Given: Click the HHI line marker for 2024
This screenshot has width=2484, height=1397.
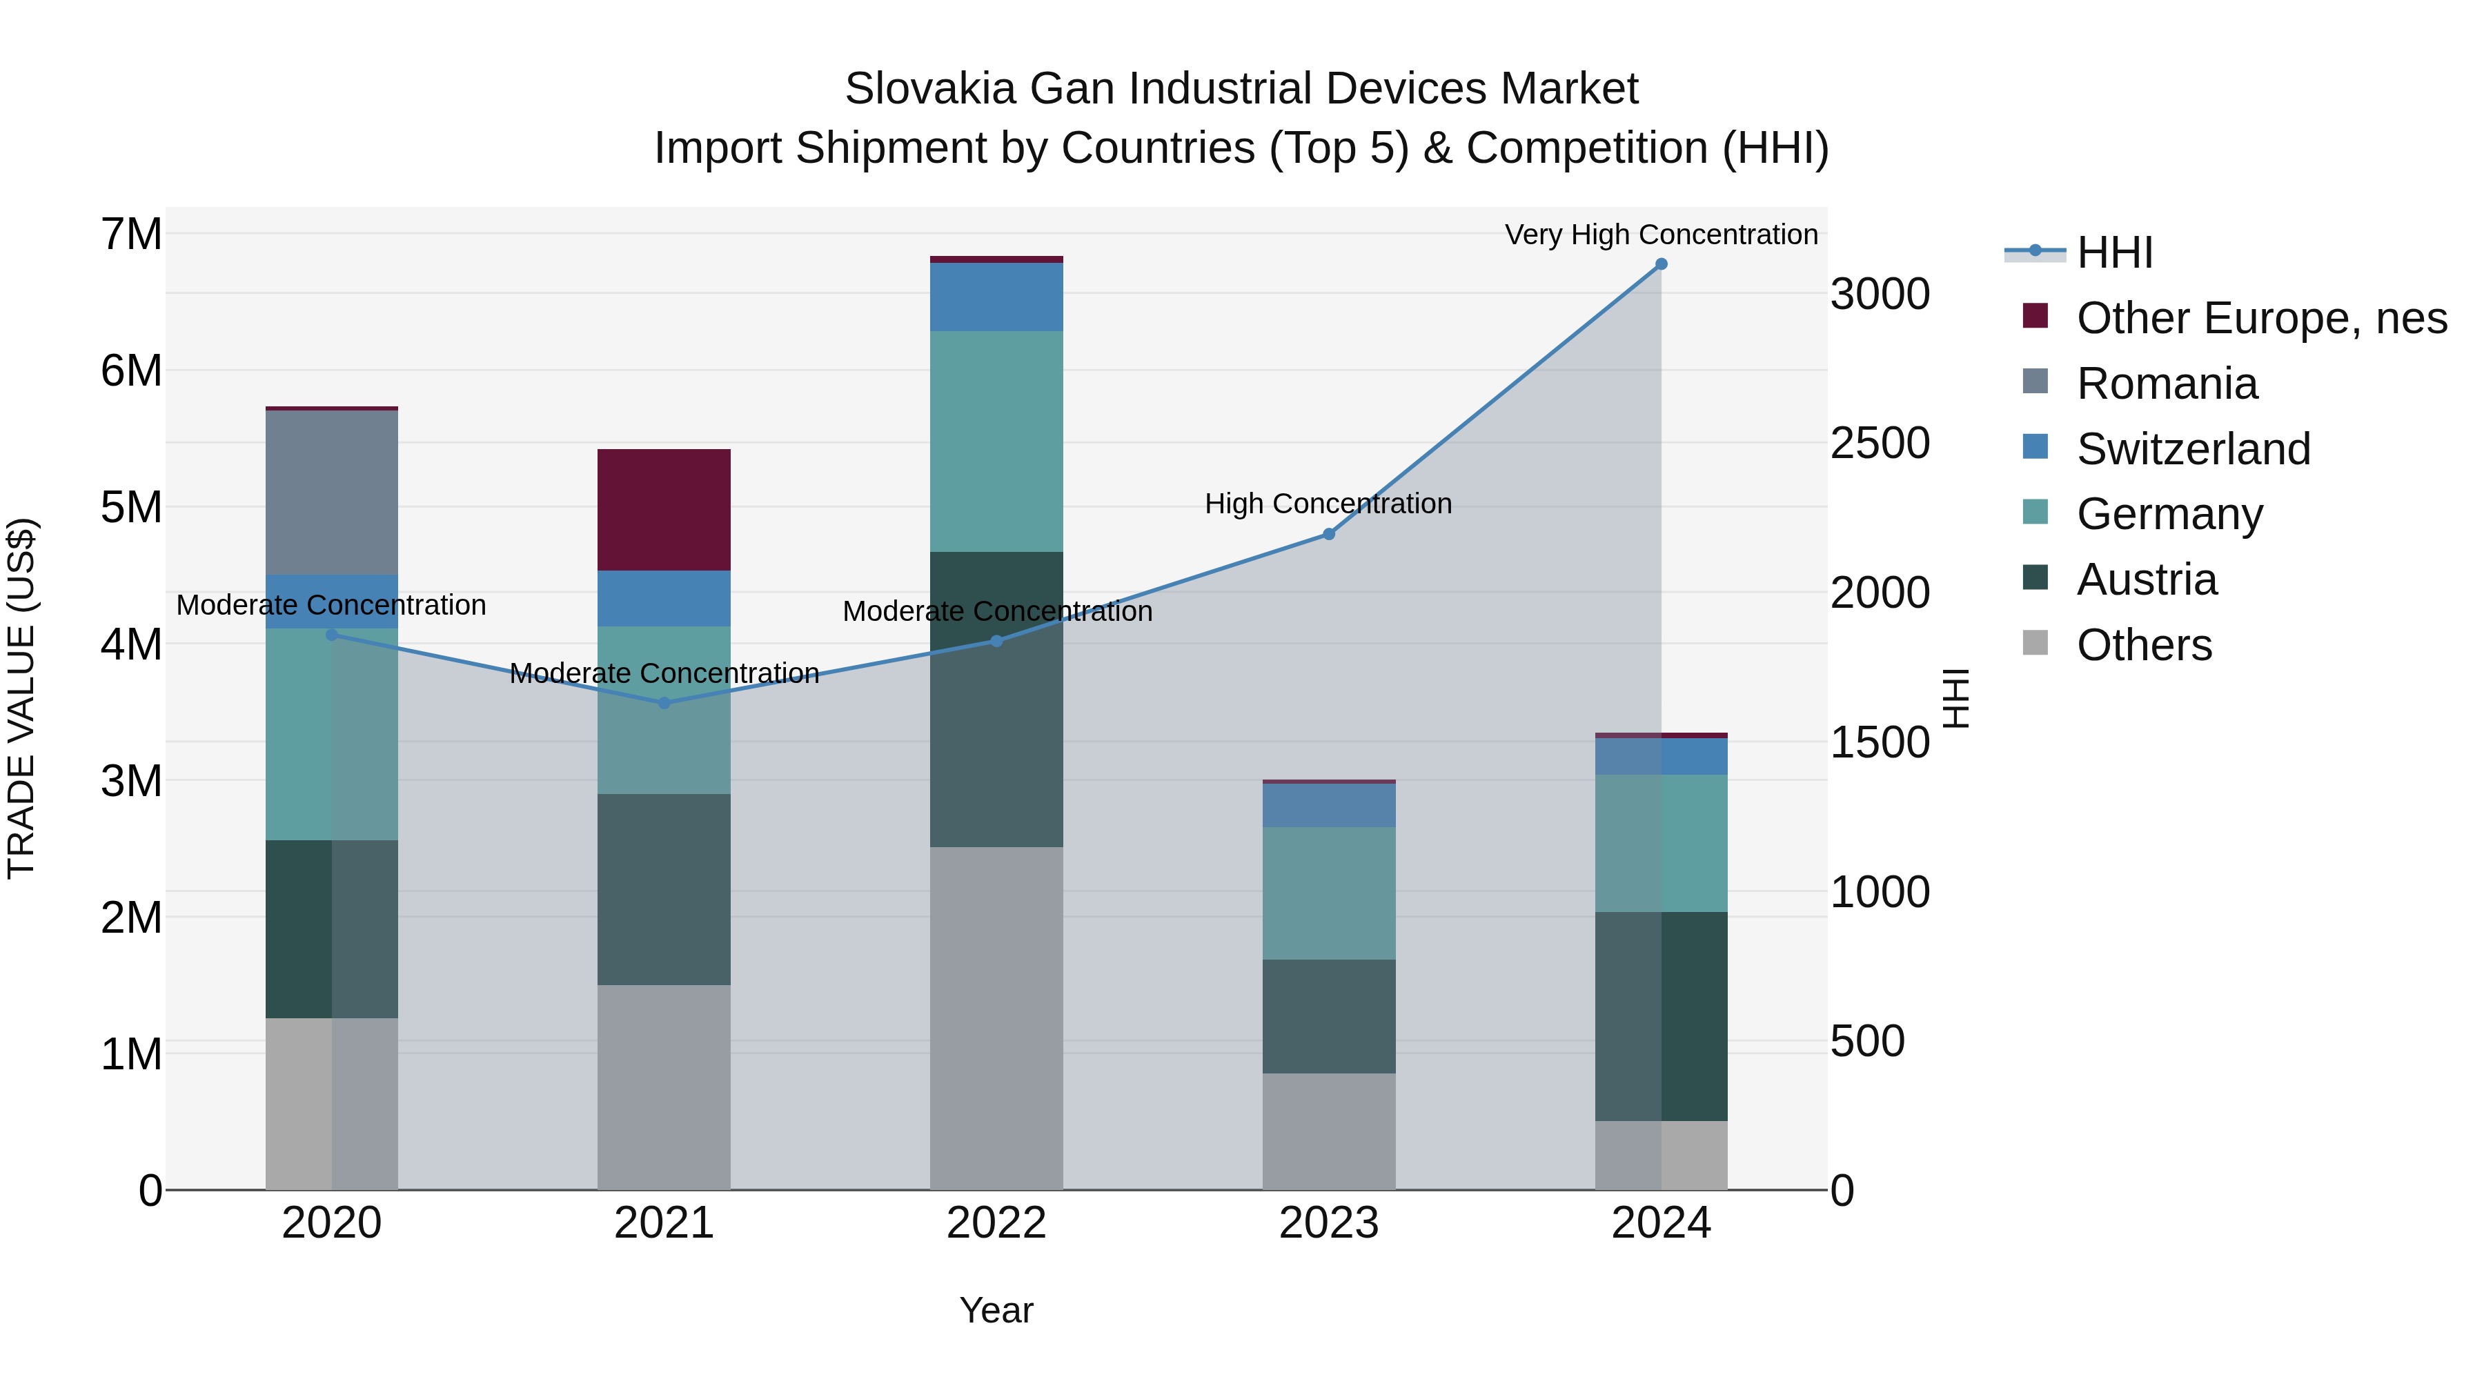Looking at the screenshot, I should click(1661, 264).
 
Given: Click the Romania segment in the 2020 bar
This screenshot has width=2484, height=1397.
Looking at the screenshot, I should click(332, 493).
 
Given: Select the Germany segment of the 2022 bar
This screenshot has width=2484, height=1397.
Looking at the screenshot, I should click(996, 442).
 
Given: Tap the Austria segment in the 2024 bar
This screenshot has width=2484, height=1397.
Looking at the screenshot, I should click(1661, 1016).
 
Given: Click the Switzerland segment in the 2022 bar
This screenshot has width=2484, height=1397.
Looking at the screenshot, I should click(996, 297).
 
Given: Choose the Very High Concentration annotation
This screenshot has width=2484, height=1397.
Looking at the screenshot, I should click(1661, 235).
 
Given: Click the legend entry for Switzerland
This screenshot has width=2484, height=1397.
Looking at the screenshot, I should click(2193, 449).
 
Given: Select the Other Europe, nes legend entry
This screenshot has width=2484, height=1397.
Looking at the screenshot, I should click(2261, 318).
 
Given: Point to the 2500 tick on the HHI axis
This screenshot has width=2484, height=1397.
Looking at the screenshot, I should click(1880, 444).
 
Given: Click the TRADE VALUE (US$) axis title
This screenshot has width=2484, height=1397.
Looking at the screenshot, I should click(21, 698).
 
